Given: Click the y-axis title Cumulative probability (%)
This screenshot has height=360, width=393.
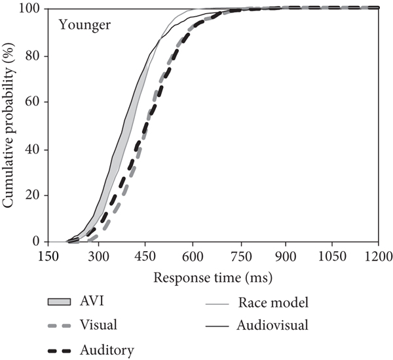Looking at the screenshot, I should click(9, 125).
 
